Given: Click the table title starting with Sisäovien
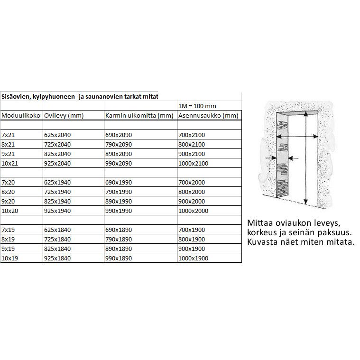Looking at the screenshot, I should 79,96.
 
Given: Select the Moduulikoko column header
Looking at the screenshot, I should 21,115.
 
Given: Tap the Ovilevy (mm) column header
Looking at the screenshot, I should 64,115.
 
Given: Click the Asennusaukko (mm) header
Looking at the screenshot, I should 208,115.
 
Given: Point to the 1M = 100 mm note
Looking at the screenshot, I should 197,106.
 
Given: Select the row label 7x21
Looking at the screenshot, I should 8,135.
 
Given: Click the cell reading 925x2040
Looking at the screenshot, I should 57,163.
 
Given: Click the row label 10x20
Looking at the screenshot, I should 10,211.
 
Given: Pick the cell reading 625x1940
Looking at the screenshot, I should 57,182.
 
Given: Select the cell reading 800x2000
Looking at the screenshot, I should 191,192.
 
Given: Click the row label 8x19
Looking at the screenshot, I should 8,240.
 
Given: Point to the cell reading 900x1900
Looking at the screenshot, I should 191,249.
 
